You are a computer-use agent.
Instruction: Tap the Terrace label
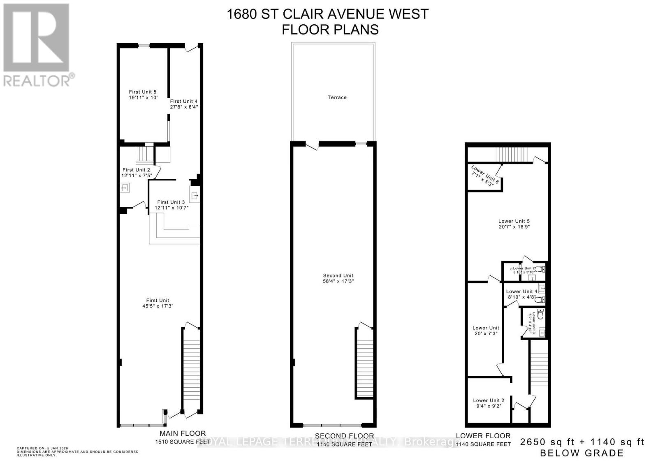pyautogui.click(x=337, y=97)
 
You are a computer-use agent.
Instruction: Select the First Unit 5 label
pyautogui.click(x=142, y=92)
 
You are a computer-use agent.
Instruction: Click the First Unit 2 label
pyautogui.click(x=136, y=170)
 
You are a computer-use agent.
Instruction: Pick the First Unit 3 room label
pyautogui.click(x=171, y=202)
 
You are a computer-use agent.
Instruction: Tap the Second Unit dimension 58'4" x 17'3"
pyautogui.click(x=338, y=281)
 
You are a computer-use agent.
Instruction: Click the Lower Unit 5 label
pyautogui.click(x=514, y=221)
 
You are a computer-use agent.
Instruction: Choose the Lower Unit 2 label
pyautogui.click(x=489, y=400)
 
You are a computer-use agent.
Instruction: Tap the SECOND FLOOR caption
pyautogui.click(x=344, y=436)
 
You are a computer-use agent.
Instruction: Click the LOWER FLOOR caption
pyautogui.click(x=483, y=436)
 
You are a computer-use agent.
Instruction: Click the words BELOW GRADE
pyautogui.click(x=582, y=453)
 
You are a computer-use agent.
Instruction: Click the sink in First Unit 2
pyautogui.click(x=125, y=188)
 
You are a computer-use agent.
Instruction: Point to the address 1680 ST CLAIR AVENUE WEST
pyautogui.click(x=327, y=14)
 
